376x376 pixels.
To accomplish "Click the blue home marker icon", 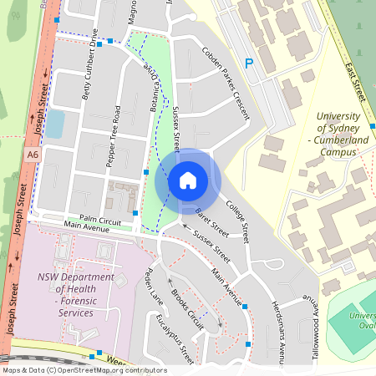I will (188, 180).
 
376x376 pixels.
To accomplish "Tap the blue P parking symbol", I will (248, 63).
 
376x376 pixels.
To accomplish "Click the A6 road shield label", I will (32, 155).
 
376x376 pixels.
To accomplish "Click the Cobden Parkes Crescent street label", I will (226, 84).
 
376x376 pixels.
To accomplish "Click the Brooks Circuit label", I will (186, 307).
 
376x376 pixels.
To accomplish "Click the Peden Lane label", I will (153, 285).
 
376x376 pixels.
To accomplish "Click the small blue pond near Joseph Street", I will (54, 124).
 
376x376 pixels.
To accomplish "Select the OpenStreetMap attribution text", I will (84, 370).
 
